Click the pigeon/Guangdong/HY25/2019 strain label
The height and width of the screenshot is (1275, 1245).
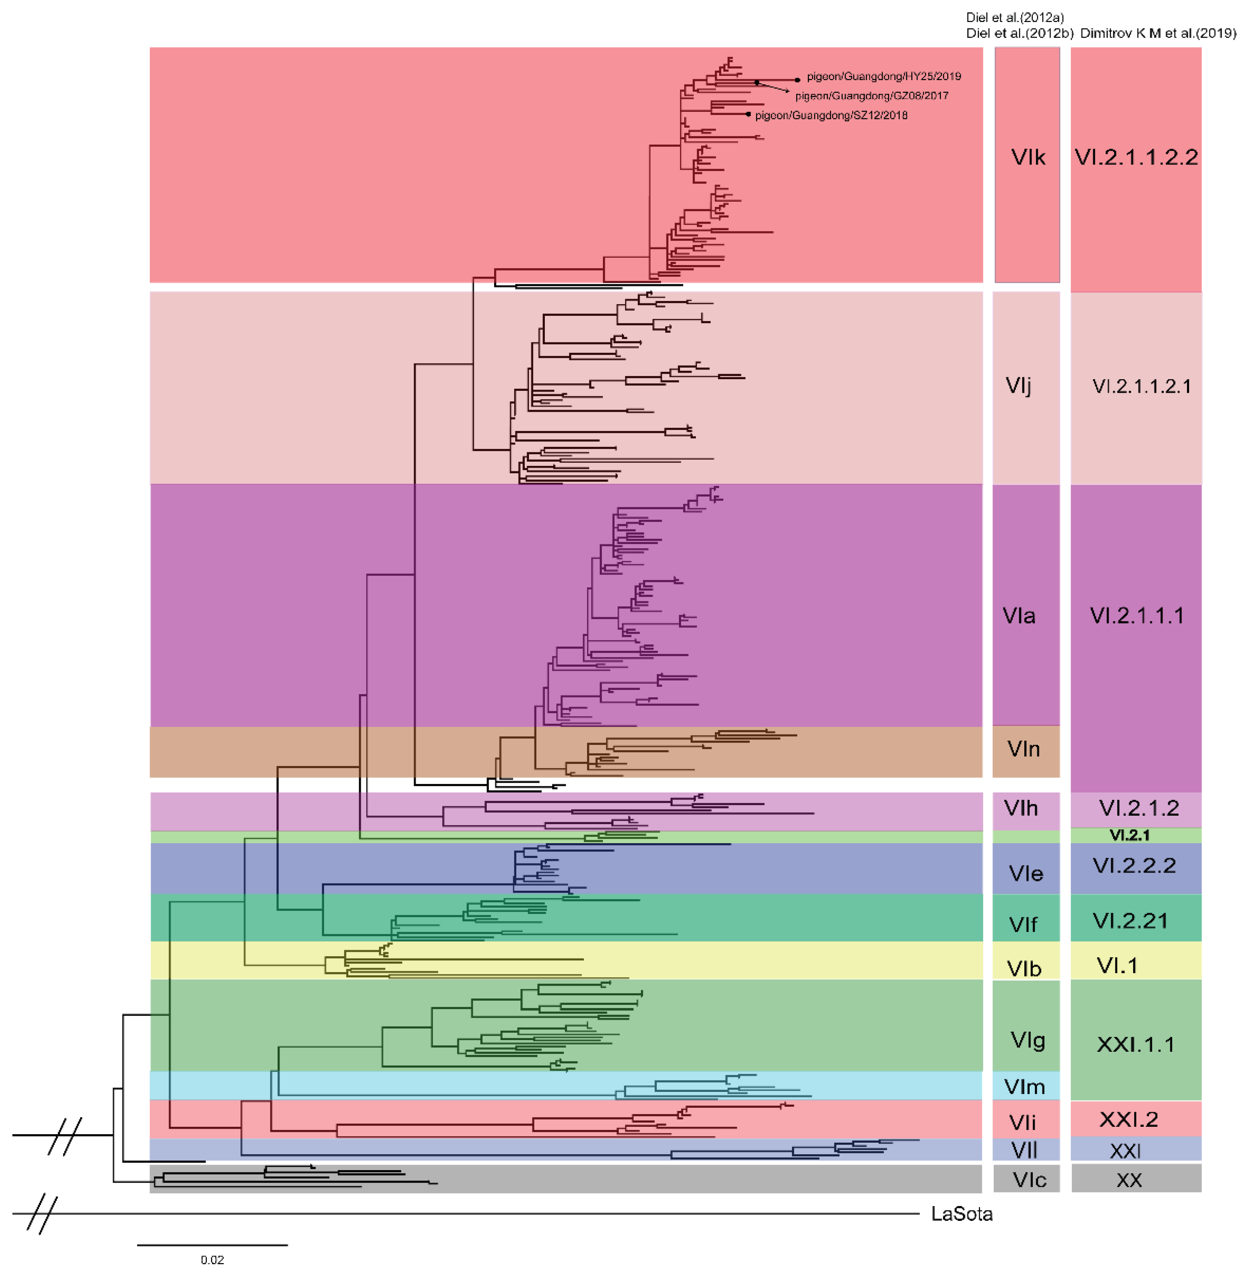click(883, 77)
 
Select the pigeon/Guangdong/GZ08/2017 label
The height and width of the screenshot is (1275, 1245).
click(872, 96)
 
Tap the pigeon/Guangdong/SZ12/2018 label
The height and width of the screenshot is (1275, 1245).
click(831, 116)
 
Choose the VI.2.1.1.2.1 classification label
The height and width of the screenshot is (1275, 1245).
click(1141, 386)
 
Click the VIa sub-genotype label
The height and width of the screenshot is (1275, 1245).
click(1019, 616)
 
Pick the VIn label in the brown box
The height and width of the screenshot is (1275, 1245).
click(1023, 749)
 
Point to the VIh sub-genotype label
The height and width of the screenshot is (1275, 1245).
click(1021, 808)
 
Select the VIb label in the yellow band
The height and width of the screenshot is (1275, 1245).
click(1024, 969)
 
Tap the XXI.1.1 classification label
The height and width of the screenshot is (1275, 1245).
click(1135, 1044)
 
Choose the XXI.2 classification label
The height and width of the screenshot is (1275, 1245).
click(1128, 1119)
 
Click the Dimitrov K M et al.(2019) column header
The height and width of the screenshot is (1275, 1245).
click(1158, 33)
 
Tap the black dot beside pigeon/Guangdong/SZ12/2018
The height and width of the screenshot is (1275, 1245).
click(749, 115)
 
